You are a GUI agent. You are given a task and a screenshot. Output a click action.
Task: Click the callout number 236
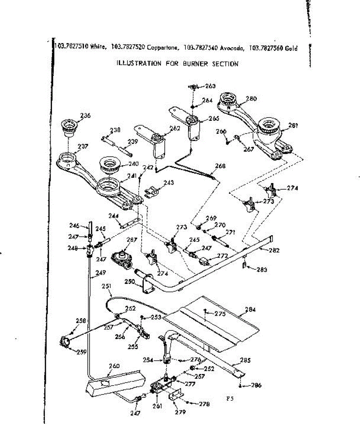click(85, 115)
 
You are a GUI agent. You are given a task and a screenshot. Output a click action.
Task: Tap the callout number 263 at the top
click(210, 86)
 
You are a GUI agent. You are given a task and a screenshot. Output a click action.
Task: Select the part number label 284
click(250, 310)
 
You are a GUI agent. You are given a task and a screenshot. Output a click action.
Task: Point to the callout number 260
click(114, 366)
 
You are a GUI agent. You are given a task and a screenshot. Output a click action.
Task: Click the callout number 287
click(132, 240)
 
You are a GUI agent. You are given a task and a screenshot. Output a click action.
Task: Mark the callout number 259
click(82, 352)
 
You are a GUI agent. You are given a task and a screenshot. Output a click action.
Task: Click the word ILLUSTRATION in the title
click(139, 64)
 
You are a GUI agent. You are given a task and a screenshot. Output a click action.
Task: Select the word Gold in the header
click(292, 48)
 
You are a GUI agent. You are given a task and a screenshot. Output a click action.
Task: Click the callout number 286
click(256, 385)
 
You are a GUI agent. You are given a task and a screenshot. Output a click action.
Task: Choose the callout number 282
click(274, 250)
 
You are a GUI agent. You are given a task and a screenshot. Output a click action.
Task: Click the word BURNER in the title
click(196, 64)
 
